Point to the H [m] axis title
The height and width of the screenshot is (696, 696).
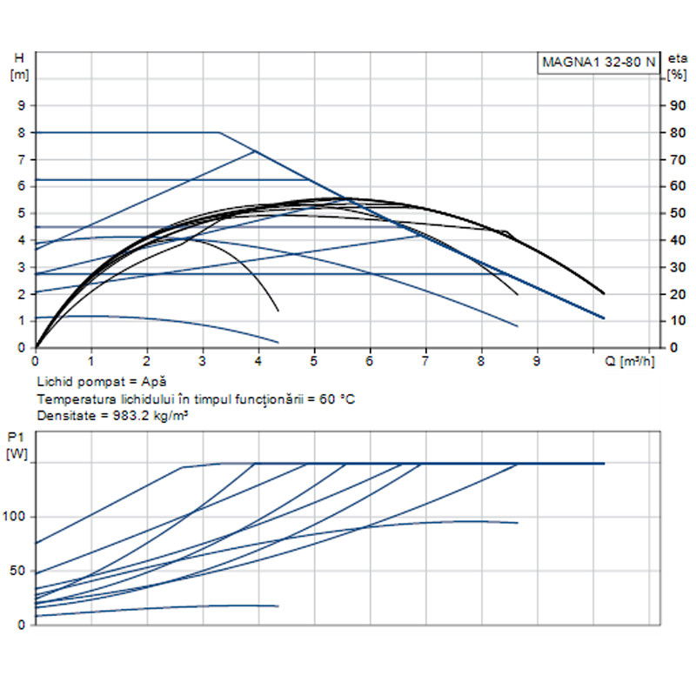[19, 66]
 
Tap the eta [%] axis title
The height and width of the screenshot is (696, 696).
[676, 66]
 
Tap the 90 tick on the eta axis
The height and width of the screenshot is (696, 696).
[674, 105]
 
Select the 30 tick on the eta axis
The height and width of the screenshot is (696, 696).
[674, 267]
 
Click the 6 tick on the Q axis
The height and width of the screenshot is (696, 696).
[370, 359]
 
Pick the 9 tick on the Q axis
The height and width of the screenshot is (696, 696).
[537, 359]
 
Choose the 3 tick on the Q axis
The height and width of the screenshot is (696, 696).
[203, 359]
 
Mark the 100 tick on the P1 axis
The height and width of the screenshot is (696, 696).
[18, 517]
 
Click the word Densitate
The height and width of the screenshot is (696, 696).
[63, 416]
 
